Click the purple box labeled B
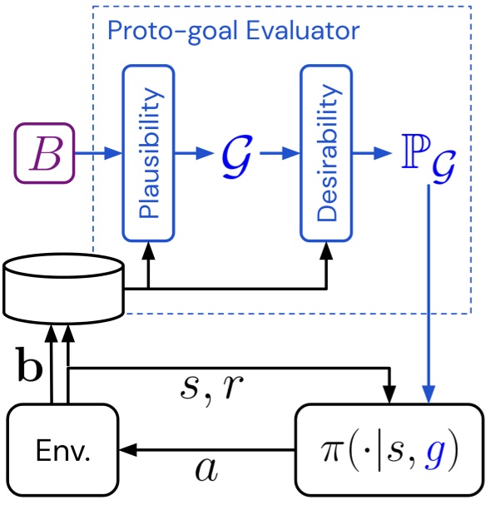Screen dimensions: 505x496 (x=44, y=155)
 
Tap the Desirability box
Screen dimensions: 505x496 (x=326, y=155)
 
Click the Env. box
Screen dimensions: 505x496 (x=62, y=453)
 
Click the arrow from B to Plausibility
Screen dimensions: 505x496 (x=98, y=155)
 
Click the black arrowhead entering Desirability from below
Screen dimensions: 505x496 (x=326, y=250)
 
